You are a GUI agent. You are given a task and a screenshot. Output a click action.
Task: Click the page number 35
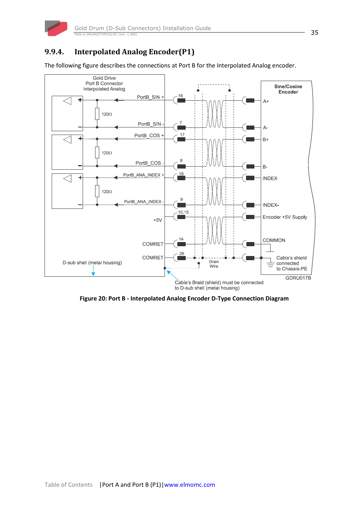(x=314, y=33)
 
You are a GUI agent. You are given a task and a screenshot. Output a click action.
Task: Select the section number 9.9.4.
(x=54, y=52)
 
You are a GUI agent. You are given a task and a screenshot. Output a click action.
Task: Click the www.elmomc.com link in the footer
(x=189, y=485)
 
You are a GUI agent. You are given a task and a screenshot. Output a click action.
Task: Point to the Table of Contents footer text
(x=68, y=485)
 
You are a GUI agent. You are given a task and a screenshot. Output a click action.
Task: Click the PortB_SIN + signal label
(x=150, y=97)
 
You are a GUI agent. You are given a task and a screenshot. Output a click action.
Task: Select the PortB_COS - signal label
(x=149, y=163)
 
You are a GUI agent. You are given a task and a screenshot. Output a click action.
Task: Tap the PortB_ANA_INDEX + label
(x=143, y=175)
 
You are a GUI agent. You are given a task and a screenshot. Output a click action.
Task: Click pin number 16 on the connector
(x=180, y=96)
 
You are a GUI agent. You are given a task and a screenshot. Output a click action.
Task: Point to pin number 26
(x=182, y=253)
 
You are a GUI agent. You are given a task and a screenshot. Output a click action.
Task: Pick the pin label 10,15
(x=183, y=212)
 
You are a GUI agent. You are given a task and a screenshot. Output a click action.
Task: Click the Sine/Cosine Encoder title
(x=288, y=89)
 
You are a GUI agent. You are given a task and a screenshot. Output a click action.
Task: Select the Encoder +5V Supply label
(x=285, y=217)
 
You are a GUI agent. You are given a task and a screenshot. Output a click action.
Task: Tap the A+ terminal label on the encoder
(x=266, y=101)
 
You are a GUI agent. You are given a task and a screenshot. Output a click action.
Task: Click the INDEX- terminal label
(x=271, y=205)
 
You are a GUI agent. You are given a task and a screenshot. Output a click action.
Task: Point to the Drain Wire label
(x=214, y=264)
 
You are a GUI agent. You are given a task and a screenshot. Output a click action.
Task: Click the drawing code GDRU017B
(x=298, y=278)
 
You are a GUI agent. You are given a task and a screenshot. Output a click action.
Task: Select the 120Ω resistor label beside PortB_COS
(x=107, y=153)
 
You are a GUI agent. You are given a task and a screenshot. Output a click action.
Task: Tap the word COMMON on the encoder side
(x=274, y=241)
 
